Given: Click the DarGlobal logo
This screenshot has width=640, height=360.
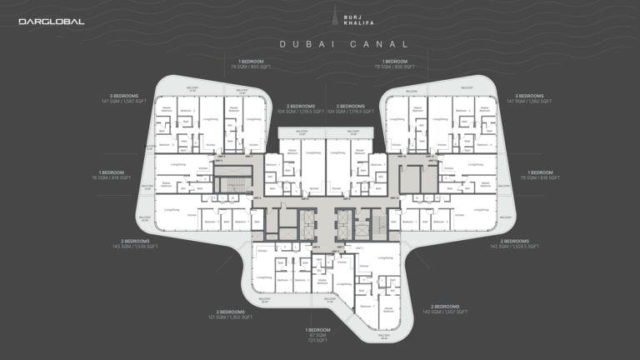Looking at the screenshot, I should [52, 22].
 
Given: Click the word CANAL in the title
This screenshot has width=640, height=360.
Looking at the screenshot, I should [380, 44].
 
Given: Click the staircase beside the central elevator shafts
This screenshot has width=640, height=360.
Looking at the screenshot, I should [378, 223].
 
